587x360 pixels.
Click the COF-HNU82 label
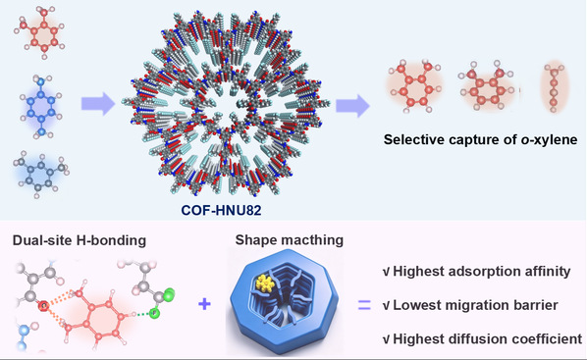221,210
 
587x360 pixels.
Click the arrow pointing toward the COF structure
98,103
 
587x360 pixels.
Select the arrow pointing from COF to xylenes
352,106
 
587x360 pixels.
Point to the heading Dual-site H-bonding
79,240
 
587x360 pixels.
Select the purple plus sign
204,304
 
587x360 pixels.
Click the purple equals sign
364,305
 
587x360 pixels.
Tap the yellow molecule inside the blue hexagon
265,283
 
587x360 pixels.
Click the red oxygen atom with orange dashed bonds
43,306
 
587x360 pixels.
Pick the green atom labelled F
154,313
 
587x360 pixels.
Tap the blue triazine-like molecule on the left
41,107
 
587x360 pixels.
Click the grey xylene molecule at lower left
41,175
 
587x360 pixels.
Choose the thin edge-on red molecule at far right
554,87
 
